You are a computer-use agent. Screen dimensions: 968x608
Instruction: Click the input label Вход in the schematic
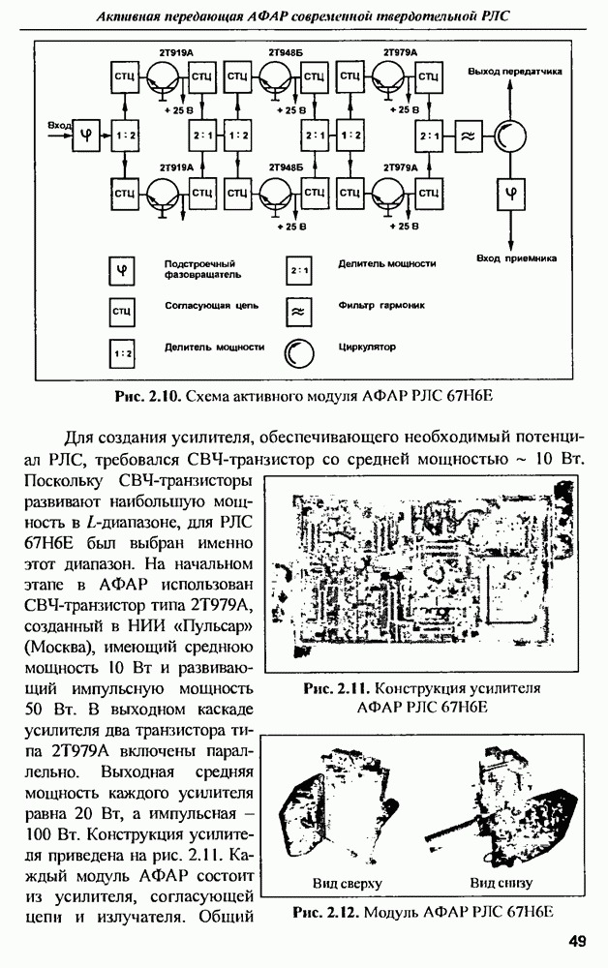59,124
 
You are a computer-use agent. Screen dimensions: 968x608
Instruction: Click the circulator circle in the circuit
509,136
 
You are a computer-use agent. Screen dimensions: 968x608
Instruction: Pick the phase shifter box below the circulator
509,193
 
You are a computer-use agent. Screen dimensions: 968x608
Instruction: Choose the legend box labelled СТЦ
122,311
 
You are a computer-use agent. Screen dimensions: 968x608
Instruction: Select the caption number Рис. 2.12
323,912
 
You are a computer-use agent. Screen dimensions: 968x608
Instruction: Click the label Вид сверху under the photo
348,884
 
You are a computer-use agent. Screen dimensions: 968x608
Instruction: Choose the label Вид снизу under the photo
502,884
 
